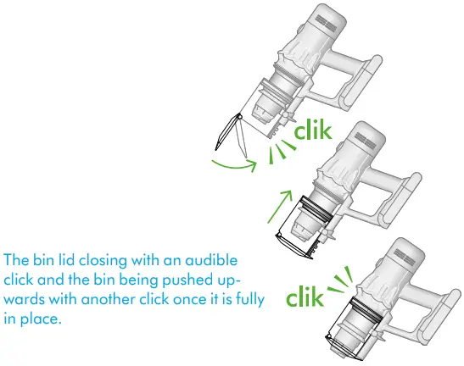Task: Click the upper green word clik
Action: [313, 130]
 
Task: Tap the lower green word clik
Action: [305, 297]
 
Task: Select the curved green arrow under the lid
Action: [235, 166]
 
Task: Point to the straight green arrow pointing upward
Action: [280, 207]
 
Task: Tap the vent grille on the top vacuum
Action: [326, 24]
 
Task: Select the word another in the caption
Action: [108, 299]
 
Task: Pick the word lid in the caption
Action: [66, 260]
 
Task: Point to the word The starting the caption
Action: [17, 260]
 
